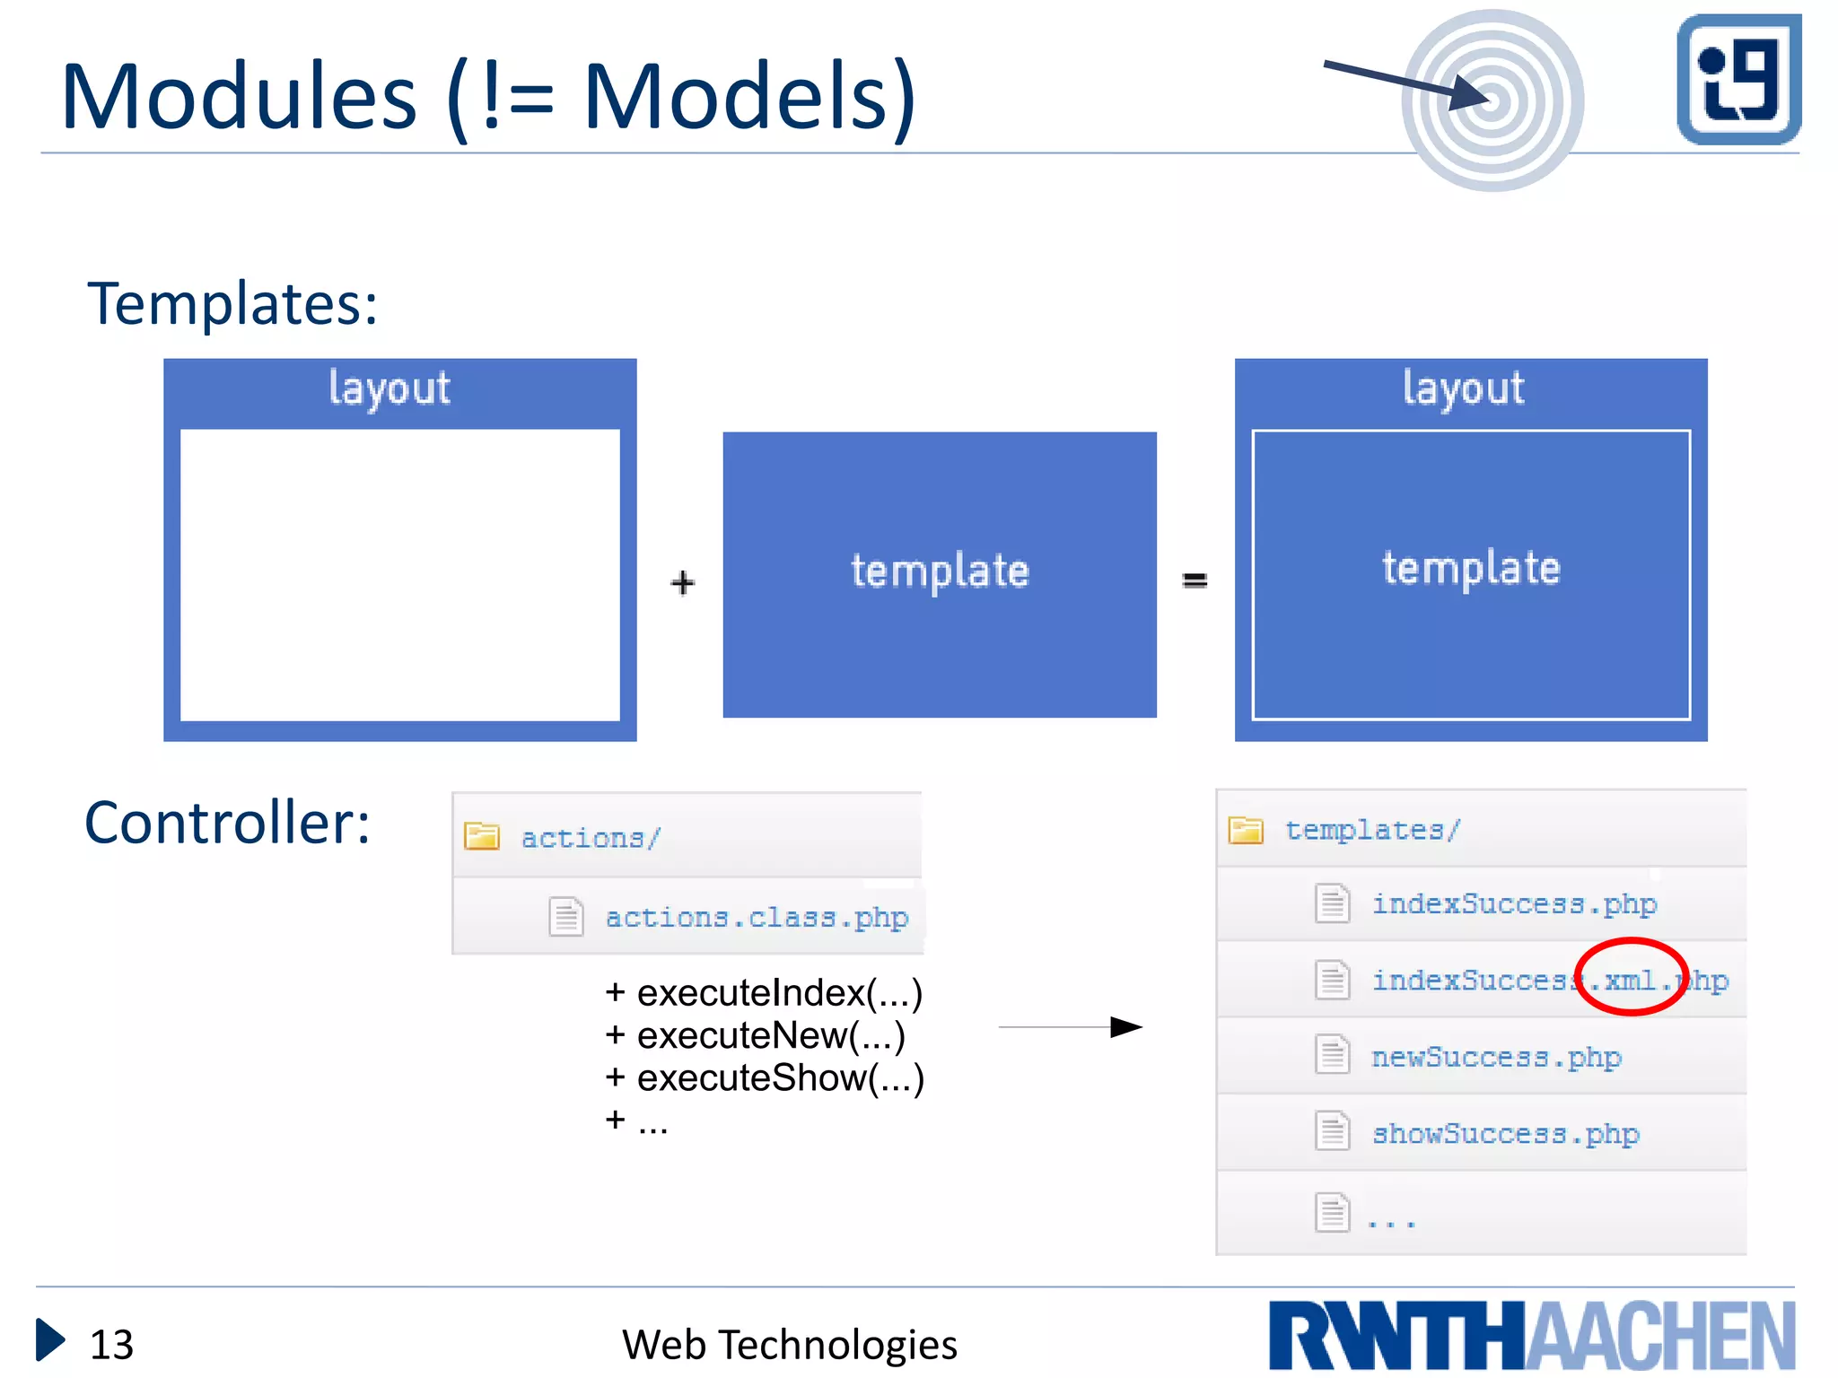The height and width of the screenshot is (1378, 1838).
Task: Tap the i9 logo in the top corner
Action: pyautogui.click(x=1738, y=79)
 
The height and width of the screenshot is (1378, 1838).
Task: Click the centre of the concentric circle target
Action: pyautogui.click(x=1492, y=100)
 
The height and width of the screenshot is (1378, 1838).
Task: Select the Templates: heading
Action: pyautogui.click(x=232, y=303)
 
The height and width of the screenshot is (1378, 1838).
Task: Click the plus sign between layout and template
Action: pyautogui.click(x=682, y=582)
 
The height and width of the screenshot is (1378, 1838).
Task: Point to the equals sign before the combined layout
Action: pyautogui.click(x=1195, y=580)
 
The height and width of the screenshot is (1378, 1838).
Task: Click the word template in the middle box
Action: pyautogui.click(x=940, y=571)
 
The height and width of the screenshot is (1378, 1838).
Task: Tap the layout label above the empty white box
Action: pyautogui.click(x=389, y=388)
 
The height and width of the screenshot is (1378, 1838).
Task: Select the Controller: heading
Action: pyautogui.click(x=227, y=822)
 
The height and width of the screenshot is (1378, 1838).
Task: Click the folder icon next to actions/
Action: pyautogui.click(x=482, y=836)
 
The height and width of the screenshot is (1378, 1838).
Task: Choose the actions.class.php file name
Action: pyautogui.click(x=757, y=918)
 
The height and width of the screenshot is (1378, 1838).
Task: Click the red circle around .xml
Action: pyautogui.click(x=1632, y=977)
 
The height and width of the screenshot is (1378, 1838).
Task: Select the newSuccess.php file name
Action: pyautogui.click(x=1496, y=1057)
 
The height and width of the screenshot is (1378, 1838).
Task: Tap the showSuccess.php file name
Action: pyautogui.click(x=1505, y=1134)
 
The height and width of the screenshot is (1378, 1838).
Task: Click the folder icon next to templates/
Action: pyautogui.click(x=1246, y=830)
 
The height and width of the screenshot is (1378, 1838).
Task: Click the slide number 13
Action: pyautogui.click(x=111, y=1344)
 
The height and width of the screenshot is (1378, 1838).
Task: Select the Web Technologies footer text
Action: pyautogui.click(x=789, y=1344)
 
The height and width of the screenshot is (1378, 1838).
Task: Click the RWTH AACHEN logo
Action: pyautogui.click(x=1531, y=1335)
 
